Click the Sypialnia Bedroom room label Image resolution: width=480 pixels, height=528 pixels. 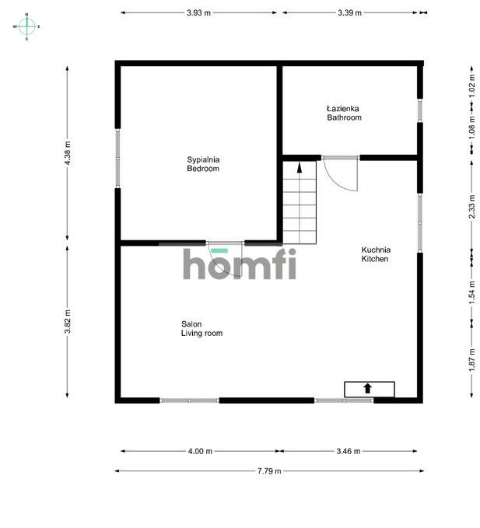(x=203, y=164)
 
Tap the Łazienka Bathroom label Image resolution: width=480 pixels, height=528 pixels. (x=344, y=114)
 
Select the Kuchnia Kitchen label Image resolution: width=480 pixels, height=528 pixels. (x=376, y=254)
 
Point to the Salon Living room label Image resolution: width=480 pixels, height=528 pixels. (x=201, y=329)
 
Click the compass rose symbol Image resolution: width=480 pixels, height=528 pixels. (x=26, y=26)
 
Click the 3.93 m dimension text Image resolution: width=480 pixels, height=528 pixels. (x=198, y=12)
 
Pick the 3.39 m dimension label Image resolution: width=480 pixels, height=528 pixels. (x=349, y=12)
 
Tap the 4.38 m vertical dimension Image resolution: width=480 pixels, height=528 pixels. (x=68, y=153)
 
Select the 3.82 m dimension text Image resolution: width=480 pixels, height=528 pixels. (x=68, y=322)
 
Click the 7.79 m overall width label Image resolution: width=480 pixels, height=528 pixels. (x=269, y=470)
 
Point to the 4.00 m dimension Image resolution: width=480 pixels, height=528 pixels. (x=200, y=451)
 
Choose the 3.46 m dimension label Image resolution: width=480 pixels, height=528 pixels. (x=349, y=451)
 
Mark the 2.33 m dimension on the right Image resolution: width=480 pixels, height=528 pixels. (x=472, y=207)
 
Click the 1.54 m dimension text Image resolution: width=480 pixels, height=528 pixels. (x=472, y=292)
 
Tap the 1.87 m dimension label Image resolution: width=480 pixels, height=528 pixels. (x=472, y=360)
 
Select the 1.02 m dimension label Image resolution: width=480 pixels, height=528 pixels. (x=472, y=86)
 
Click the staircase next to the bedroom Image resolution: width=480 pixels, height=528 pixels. (x=300, y=202)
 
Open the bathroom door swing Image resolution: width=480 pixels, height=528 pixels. (x=341, y=173)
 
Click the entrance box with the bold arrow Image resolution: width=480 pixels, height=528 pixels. (x=370, y=390)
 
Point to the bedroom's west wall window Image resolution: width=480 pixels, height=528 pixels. (x=117, y=159)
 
